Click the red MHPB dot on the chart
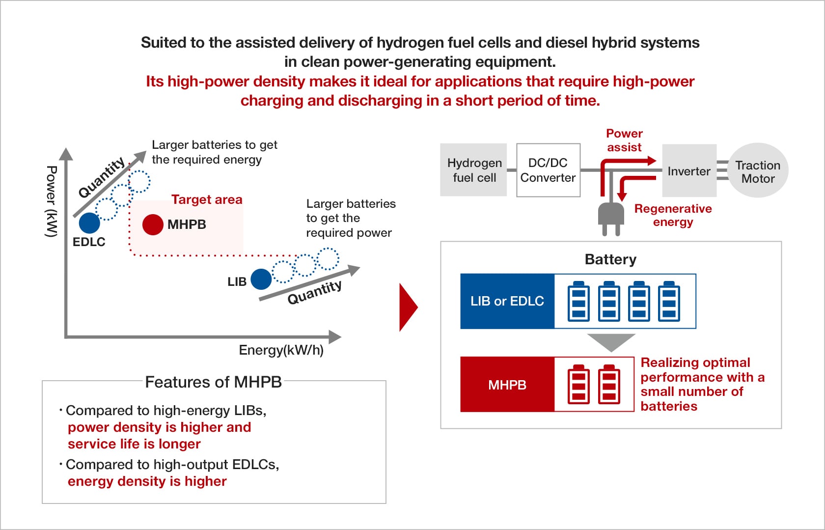point(153,224)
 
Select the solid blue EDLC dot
point(89,223)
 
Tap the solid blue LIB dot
point(261,279)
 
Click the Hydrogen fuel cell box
point(473,170)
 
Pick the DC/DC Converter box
point(549,170)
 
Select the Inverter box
point(689,170)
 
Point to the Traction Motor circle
point(758,170)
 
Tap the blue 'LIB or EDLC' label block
point(507,301)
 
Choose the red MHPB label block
point(507,385)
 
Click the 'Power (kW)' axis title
point(52,201)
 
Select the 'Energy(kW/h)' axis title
point(281,350)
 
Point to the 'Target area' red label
point(207,199)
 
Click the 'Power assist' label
point(624,140)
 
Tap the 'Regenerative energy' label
point(673,216)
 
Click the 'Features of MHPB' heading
point(213,382)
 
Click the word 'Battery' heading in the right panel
point(611,259)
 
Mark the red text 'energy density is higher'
point(147,481)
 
